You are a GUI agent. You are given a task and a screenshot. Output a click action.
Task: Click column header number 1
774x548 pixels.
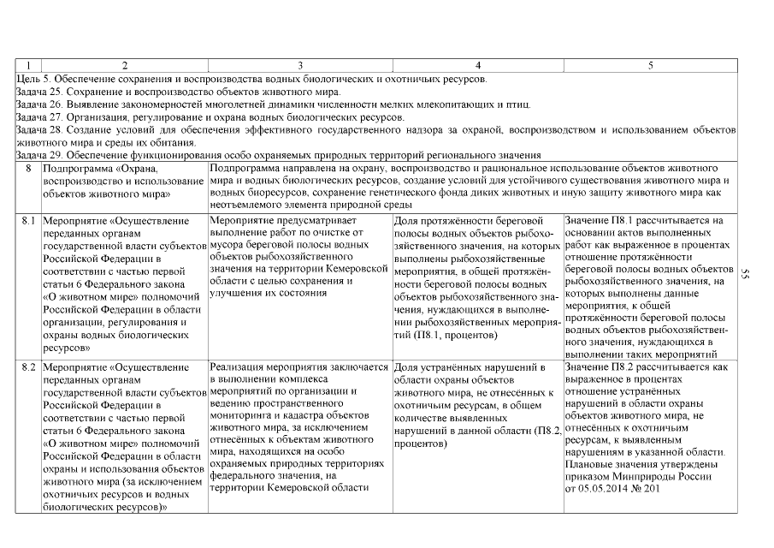pyautogui.click(x=28, y=65)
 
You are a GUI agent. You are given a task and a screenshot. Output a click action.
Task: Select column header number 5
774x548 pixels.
pyautogui.click(x=651, y=65)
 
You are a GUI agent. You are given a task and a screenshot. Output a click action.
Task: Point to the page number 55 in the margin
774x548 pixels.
pyautogui.click(x=746, y=275)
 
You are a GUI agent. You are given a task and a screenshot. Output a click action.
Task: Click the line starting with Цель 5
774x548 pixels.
pyautogui.click(x=252, y=79)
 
